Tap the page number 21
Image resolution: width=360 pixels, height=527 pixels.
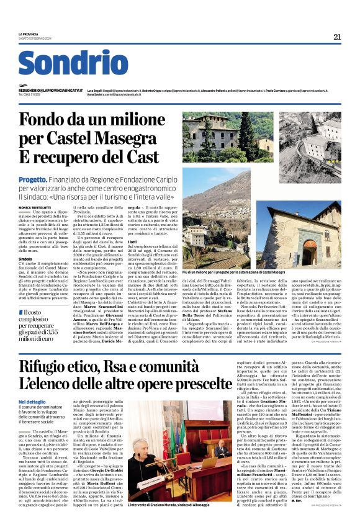(337, 37)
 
